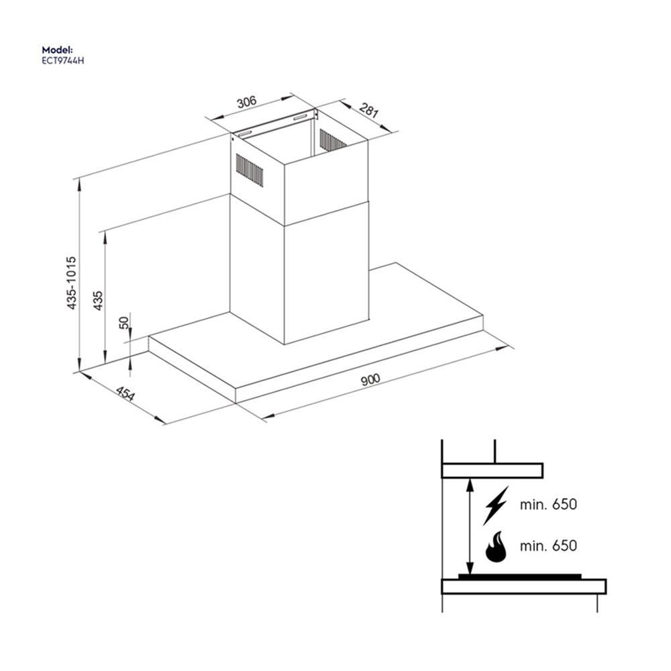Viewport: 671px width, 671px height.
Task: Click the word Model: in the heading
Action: [x=56, y=50]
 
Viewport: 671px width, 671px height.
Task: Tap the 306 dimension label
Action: [x=247, y=102]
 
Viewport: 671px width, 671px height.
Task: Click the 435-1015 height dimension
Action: [x=72, y=282]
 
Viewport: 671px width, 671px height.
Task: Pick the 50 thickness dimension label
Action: [x=123, y=323]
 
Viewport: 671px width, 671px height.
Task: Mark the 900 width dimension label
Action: [x=370, y=380]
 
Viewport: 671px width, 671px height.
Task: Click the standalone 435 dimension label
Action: [x=98, y=300]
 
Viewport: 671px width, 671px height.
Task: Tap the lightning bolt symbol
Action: [x=496, y=505]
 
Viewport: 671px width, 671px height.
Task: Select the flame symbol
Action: [x=496, y=547]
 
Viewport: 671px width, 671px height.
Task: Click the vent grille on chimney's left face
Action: [x=249, y=170]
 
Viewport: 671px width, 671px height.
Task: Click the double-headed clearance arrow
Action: [x=470, y=527]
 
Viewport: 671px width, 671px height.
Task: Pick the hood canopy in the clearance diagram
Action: [x=491, y=470]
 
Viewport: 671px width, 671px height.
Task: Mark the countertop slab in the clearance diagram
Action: [x=523, y=586]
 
